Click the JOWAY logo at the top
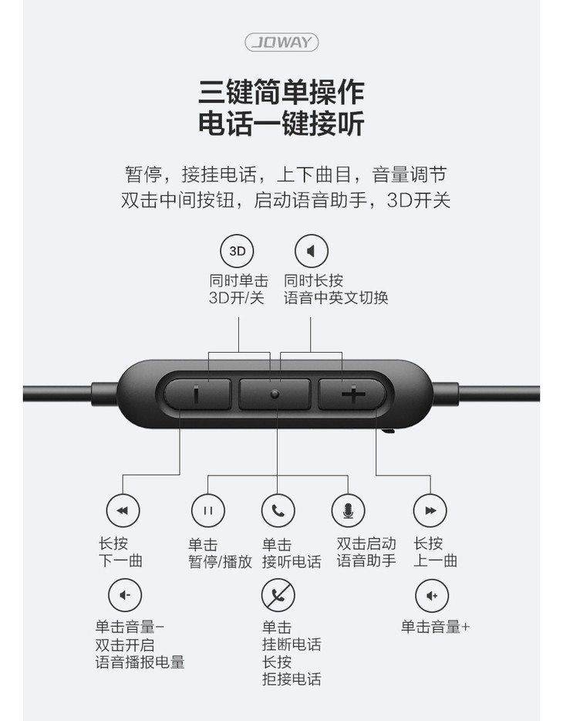tap(281, 42)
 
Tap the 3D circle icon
tap(238, 251)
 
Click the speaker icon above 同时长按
tap(312, 251)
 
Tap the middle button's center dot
tap(275, 394)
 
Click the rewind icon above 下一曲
tap(123, 510)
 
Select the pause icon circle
tap(208, 510)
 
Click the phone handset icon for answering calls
tap(278, 510)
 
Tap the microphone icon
tap(348, 510)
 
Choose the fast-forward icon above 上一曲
tap(430, 510)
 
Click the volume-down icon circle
tap(125, 595)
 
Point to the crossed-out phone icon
tap(278, 595)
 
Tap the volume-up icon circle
tap(432, 595)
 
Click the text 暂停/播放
tap(221, 561)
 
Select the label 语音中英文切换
tap(336, 297)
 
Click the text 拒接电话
tap(292, 679)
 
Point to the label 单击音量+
tap(435, 626)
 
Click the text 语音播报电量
tap(140, 662)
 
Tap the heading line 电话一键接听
tap(281, 124)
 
